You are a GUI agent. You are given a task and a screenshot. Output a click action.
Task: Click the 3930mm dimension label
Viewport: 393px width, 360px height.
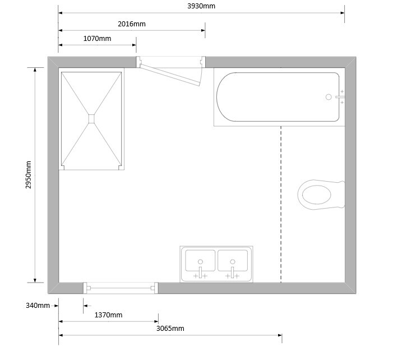pos(201,6)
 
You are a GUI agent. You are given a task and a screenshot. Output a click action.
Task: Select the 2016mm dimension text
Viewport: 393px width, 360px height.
pos(132,24)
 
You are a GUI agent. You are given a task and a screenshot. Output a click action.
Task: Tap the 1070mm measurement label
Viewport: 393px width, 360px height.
pos(97,39)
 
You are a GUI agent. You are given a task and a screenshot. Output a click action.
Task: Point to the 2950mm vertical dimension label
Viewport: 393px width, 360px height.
pos(29,175)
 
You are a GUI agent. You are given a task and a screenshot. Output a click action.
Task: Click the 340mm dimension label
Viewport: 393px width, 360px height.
pos(38,306)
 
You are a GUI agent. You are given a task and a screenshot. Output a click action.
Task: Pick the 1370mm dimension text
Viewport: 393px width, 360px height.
pos(108,315)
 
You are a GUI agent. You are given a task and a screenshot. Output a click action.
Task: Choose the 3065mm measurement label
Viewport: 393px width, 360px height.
pos(170,329)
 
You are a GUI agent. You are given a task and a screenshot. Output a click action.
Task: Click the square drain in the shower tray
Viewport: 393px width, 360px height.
pos(91,119)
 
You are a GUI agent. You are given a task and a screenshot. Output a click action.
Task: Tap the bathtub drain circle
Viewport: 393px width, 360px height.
pos(329,97)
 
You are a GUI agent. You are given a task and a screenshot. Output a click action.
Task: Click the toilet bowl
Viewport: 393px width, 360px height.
pos(317,195)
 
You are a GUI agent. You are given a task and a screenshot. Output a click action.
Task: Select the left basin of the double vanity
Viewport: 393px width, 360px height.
pos(200,261)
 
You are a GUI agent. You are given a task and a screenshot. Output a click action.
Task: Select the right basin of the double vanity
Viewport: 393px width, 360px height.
pos(233,261)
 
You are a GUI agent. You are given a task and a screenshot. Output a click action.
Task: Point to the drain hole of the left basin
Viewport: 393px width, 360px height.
pos(200,262)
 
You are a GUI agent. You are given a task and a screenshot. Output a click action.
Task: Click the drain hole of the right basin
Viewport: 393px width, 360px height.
pos(233,262)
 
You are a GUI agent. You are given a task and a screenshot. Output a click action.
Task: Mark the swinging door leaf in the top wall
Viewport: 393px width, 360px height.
pos(170,75)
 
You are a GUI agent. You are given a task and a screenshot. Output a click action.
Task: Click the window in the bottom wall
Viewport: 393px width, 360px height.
pos(121,288)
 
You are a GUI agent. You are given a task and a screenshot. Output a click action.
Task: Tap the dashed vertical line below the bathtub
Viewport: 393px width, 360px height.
pos(281,204)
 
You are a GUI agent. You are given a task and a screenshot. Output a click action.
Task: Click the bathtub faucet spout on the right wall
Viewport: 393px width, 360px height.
pos(340,97)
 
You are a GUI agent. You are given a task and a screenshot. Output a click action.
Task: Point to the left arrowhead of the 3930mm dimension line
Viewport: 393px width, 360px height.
pos(60,13)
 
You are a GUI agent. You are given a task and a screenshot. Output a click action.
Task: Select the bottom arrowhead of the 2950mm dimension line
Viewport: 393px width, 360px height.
pos(35,280)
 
